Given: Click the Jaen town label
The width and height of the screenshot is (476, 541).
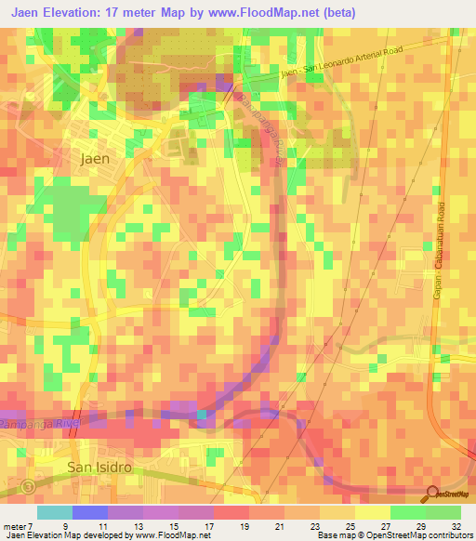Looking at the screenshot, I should pyautogui.click(x=95, y=158).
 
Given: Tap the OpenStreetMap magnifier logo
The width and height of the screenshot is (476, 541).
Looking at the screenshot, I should pyautogui.click(x=433, y=494).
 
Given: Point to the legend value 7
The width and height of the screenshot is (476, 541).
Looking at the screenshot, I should pyautogui.click(x=31, y=525).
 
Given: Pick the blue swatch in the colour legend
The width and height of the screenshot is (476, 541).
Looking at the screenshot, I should pyautogui.click(x=89, y=512).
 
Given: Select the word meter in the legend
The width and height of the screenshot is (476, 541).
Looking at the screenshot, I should pyautogui.click(x=14, y=525).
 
